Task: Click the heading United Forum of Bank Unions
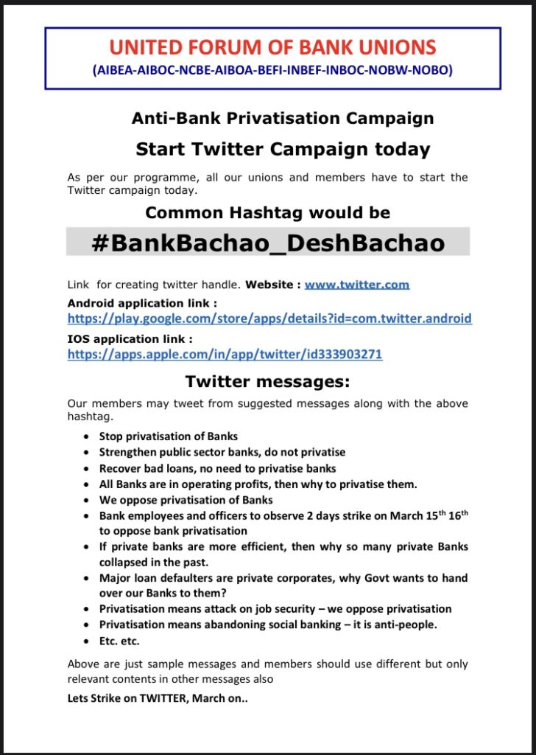pos(272,49)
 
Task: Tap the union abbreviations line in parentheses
pos(272,71)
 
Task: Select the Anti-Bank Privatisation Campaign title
pos(282,118)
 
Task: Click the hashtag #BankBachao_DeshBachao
pos(268,243)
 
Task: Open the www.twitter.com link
pos(357,284)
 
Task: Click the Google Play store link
pos(269,319)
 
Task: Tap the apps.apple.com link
pos(225,354)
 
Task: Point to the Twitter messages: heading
pos(267,382)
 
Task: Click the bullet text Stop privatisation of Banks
pos(169,436)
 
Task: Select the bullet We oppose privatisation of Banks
pos(176,500)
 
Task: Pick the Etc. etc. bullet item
pos(119,641)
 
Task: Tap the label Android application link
pos(143,303)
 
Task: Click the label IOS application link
pos(130,339)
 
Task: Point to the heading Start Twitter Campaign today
pos(283,150)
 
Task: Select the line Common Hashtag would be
pos(268,213)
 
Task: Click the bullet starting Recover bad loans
pos(217,468)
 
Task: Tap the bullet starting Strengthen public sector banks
pos(222,452)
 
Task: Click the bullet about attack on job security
pos(275,609)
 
